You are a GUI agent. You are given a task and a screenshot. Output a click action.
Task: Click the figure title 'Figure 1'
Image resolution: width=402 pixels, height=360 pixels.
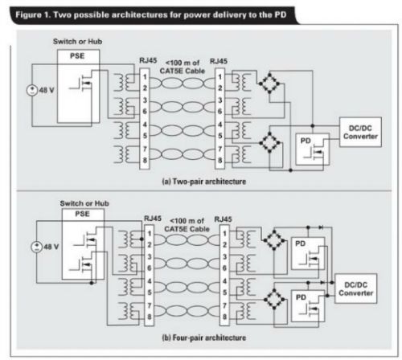coord(33,14)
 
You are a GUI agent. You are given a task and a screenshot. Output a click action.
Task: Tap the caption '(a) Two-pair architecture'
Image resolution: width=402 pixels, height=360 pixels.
coord(203,182)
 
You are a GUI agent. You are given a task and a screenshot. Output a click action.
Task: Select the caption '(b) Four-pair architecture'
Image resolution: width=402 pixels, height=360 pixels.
coord(203,337)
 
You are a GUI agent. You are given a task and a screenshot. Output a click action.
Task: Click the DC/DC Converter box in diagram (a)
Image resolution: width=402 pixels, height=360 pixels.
coord(360,132)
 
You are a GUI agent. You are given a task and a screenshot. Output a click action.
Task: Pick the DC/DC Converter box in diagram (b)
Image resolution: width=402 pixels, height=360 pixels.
coord(356,288)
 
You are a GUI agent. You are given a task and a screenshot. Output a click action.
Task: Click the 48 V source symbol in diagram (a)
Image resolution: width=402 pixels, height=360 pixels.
coord(32,90)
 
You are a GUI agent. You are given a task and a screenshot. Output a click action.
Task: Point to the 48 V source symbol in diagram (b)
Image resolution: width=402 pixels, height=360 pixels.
coord(36,247)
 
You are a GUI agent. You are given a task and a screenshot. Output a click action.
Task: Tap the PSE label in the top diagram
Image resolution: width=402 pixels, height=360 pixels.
coord(77,55)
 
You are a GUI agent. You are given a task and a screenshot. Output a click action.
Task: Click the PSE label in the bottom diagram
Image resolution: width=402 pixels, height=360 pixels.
coord(82,214)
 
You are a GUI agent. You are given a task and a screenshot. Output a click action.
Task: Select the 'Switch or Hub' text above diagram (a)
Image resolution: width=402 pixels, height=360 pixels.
coord(77,42)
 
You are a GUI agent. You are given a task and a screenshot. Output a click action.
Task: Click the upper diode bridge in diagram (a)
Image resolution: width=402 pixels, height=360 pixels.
coord(269,84)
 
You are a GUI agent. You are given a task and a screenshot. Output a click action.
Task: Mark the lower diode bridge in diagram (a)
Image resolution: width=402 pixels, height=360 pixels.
coord(269,142)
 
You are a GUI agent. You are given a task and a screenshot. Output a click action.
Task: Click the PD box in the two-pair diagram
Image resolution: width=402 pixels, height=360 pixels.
coord(312,149)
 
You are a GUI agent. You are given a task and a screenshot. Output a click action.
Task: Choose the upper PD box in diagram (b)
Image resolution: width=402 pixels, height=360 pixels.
coord(308,253)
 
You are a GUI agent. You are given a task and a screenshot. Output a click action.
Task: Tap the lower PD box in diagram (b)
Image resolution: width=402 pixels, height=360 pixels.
coord(308,306)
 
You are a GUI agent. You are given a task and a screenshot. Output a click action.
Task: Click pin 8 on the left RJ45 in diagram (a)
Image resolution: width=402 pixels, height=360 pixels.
coord(145,160)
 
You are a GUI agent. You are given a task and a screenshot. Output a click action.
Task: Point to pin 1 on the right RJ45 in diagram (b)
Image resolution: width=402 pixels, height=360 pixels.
coord(224,234)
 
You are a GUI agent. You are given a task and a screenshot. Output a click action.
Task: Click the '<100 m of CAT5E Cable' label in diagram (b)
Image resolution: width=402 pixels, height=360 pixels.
coord(187,225)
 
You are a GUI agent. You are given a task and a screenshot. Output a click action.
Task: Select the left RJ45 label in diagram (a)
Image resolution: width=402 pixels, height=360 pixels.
coord(148,60)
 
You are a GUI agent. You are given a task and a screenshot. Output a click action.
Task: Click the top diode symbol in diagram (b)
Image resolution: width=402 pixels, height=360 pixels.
coord(321,227)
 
